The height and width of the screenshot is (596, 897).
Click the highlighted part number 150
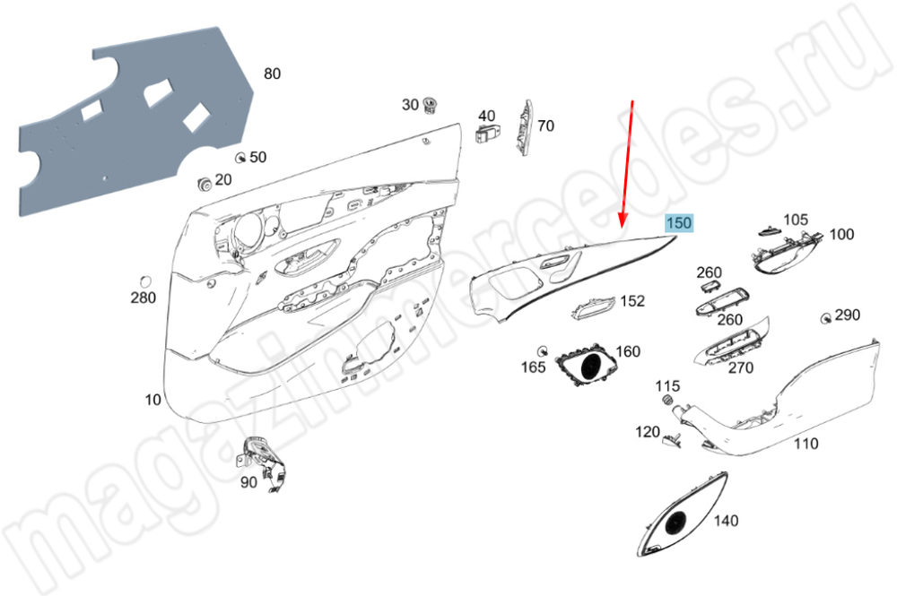click(x=678, y=223)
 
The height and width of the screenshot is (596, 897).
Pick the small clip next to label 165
click(x=543, y=349)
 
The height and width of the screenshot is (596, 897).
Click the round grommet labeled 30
click(x=431, y=104)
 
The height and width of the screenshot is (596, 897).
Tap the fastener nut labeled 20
click(x=205, y=185)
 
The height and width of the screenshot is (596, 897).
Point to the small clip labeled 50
click(x=240, y=158)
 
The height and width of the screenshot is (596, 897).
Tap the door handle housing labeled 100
click(x=784, y=252)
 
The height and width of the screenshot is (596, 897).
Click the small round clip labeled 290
click(x=824, y=317)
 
